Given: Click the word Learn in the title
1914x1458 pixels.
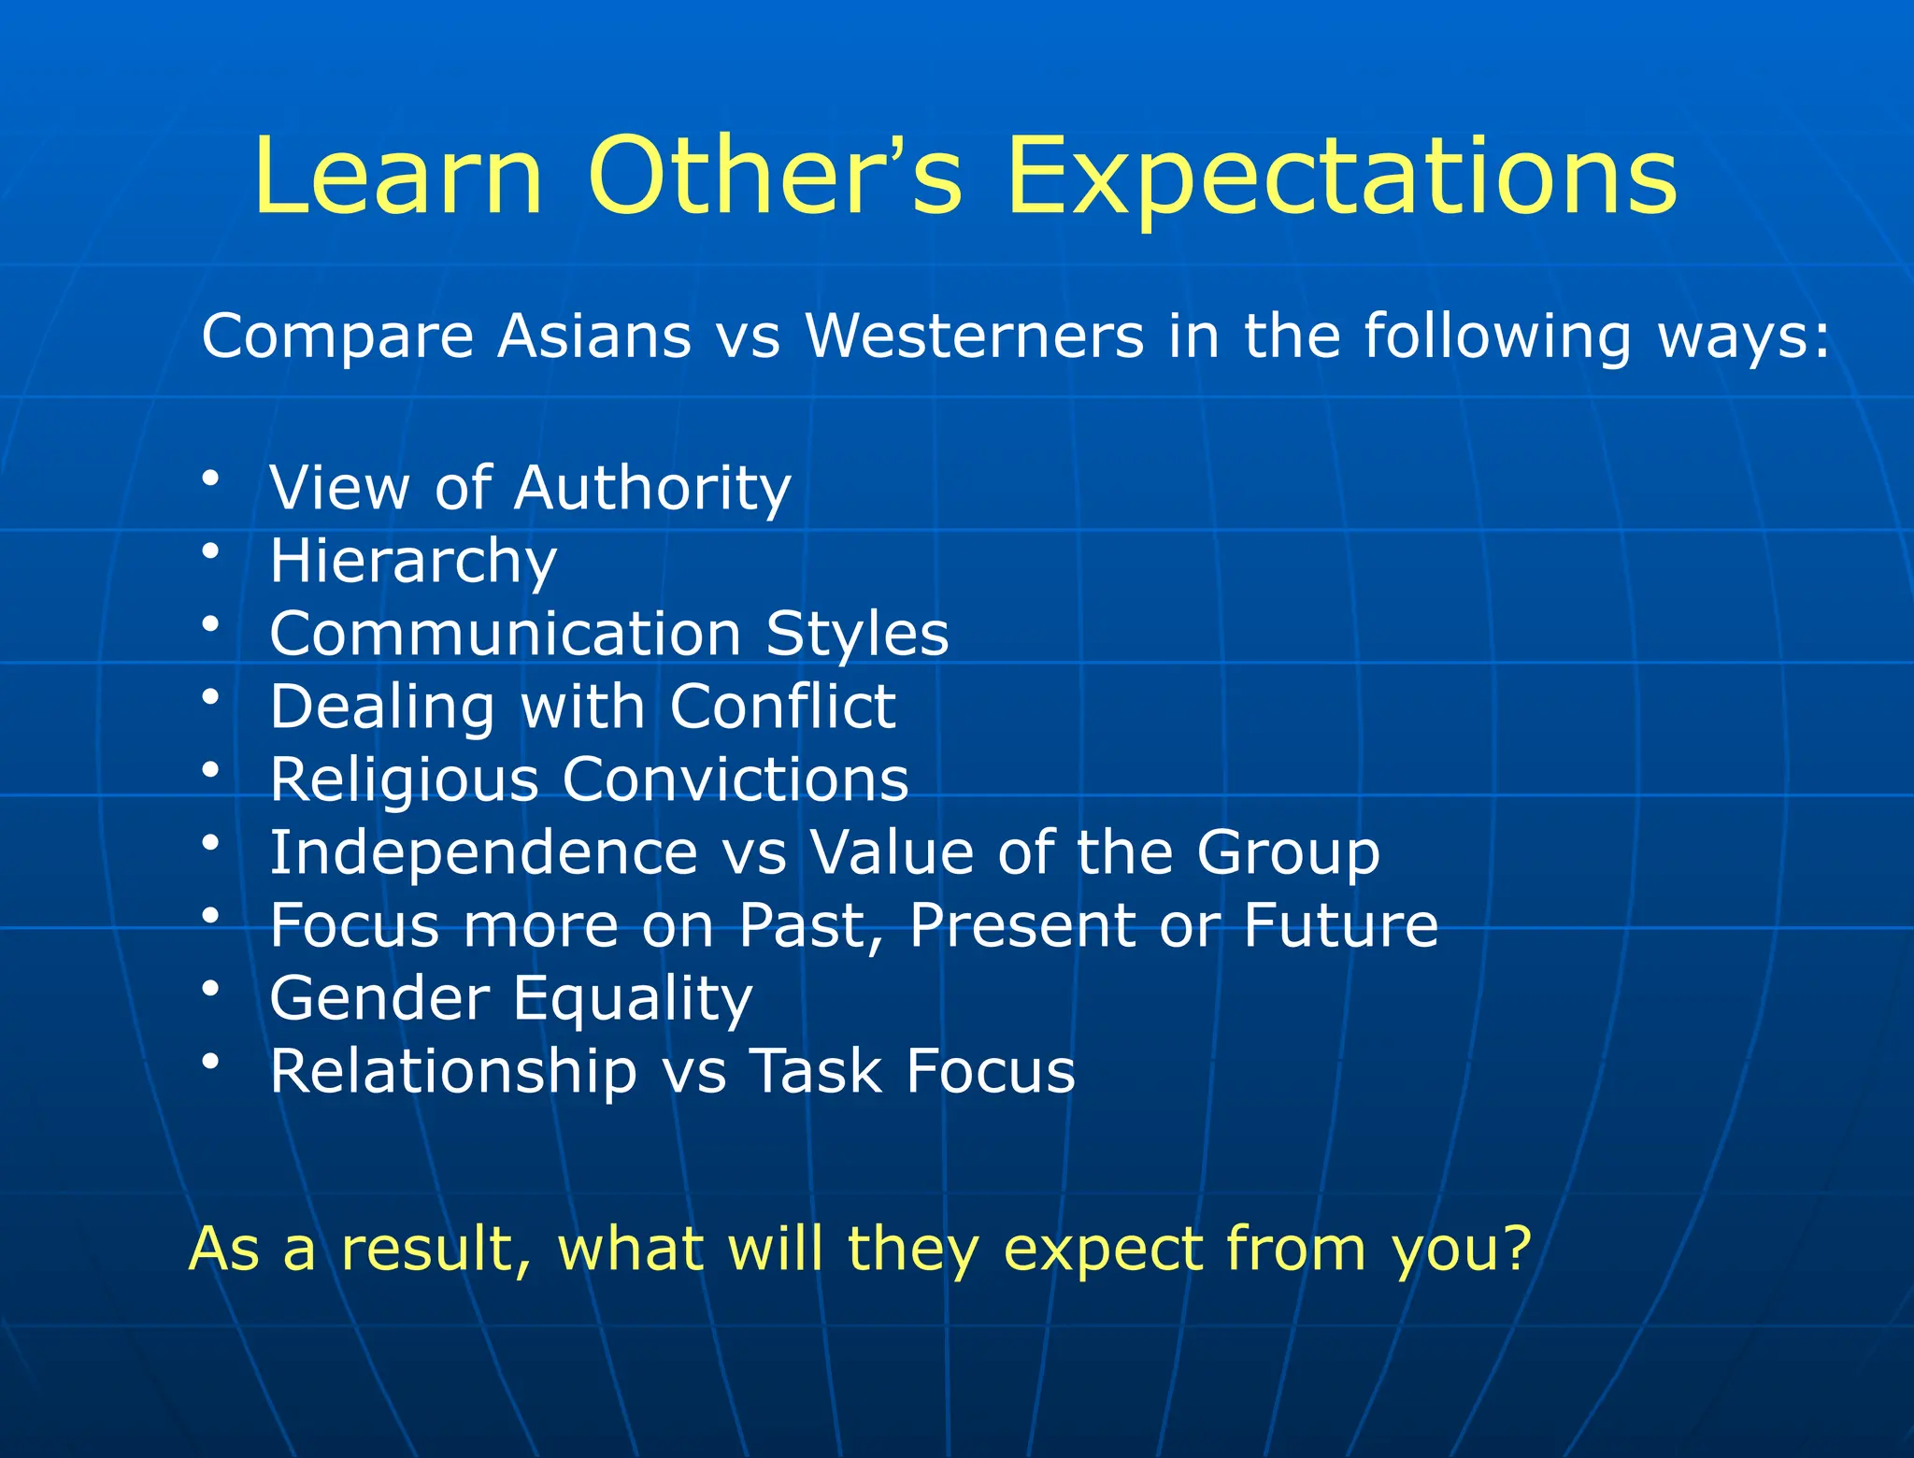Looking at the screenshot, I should [x=397, y=176].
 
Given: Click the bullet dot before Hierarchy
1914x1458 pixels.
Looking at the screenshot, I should [x=211, y=551].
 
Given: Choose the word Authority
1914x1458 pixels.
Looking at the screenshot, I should [x=651, y=488].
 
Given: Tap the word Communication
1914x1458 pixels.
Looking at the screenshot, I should [x=506, y=634].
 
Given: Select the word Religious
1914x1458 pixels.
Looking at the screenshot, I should [x=404, y=779].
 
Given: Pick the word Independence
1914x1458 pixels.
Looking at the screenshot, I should [x=483, y=852].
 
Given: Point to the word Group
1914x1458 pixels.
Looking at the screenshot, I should [x=1288, y=852].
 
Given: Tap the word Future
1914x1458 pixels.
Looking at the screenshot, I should [x=1340, y=925].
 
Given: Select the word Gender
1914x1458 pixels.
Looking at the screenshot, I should [x=379, y=998].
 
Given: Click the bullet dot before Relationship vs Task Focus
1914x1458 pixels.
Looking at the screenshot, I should [x=211, y=1061].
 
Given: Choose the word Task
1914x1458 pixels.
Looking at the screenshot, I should [x=816, y=1071].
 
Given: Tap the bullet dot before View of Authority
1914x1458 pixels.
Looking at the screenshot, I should [x=211, y=479].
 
